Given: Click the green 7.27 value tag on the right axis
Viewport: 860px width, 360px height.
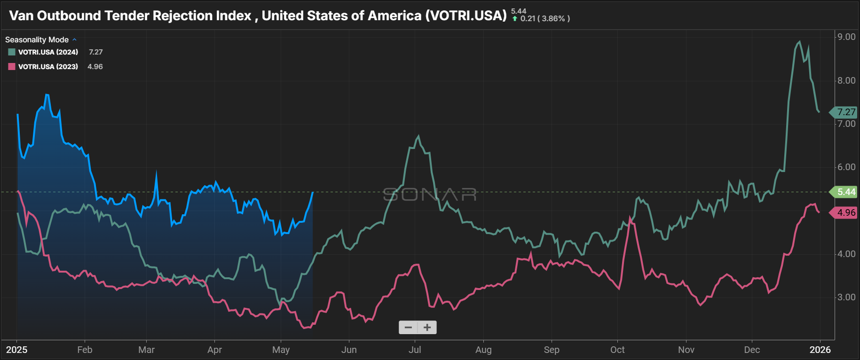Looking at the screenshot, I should point(845,112).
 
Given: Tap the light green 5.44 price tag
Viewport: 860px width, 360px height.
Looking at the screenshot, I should point(845,192).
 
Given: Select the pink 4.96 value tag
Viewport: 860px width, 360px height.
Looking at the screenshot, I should point(845,213).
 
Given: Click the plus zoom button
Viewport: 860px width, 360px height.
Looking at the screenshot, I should point(427,328).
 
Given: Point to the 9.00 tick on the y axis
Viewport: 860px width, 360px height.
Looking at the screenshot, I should point(846,37).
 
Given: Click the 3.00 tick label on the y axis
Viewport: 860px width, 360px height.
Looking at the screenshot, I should point(846,297).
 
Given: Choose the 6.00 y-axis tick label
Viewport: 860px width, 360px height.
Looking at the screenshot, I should point(846,167).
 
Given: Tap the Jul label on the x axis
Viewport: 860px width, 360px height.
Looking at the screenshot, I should point(415,350).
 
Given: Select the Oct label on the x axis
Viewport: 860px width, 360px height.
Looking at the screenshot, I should point(617,350).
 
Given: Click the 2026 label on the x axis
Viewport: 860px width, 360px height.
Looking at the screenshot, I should point(820,350).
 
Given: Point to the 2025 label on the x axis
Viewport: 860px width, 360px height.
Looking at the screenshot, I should point(16,350).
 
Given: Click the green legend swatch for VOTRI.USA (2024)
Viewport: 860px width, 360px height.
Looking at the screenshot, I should point(12,52).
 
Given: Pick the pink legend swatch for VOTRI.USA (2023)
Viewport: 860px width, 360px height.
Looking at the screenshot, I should point(12,67).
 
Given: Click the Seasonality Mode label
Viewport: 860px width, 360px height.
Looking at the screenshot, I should point(37,40).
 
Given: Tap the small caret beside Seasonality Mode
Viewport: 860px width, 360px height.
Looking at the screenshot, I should point(74,40).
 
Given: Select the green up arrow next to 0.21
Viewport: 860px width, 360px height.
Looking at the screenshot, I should point(515,19).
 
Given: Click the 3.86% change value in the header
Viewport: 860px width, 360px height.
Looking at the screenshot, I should point(553,19).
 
